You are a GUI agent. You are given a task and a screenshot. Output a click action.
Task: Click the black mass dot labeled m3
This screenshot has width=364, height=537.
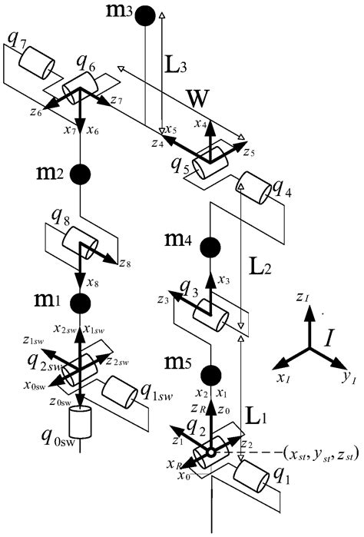point(146,16)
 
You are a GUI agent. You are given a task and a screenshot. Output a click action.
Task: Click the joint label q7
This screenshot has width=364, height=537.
point(13,40)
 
